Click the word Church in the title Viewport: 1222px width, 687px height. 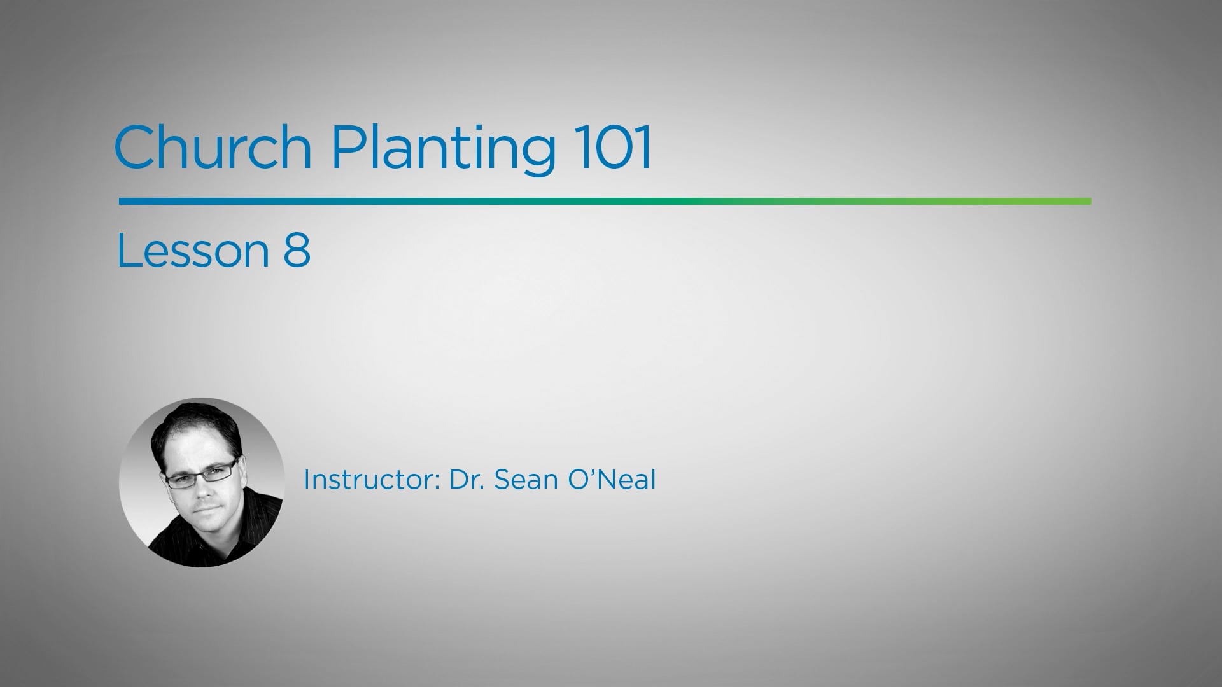coord(213,148)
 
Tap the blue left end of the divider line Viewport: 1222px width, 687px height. coord(127,201)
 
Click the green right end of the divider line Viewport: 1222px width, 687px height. coord(1082,201)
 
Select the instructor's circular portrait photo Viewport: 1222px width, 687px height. coord(202,482)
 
